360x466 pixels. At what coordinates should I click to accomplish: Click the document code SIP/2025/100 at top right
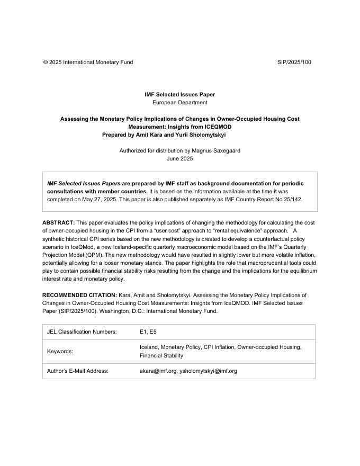(x=294, y=62)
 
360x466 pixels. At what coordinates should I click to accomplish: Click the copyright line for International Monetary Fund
(x=88, y=62)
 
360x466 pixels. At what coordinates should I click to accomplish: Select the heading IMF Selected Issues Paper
(x=179, y=94)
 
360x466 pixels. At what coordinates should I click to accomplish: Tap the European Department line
(x=179, y=102)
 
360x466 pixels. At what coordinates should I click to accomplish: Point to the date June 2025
(x=179, y=158)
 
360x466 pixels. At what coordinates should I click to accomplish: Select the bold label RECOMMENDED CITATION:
(x=79, y=295)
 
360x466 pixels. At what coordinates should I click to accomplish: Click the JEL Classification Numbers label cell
(x=82, y=332)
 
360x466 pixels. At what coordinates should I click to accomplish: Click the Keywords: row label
(x=60, y=351)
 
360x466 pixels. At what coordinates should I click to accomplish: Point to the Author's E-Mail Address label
(x=77, y=371)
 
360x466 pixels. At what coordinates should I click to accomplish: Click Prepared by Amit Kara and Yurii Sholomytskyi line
(x=164, y=135)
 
